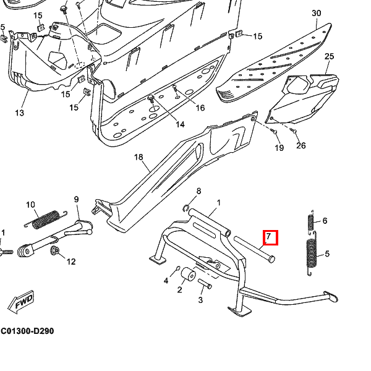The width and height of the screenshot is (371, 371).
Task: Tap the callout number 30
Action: (x=316, y=14)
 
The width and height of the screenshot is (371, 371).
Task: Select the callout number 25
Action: (x=329, y=57)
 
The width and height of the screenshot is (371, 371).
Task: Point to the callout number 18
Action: (x=139, y=158)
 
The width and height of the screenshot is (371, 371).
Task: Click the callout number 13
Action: (x=19, y=113)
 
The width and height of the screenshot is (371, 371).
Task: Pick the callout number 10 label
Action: (x=30, y=205)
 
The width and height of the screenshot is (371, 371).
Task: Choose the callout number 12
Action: (x=71, y=262)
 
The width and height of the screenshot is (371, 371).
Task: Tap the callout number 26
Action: (x=301, y=146)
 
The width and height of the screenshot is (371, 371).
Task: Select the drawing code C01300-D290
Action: (x=27, y=331)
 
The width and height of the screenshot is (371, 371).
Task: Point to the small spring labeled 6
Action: (x=311, y=223)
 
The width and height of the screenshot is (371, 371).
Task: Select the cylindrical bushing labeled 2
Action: (x=188, y=275)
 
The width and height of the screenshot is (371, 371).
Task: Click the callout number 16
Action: (x=200, y=108)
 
